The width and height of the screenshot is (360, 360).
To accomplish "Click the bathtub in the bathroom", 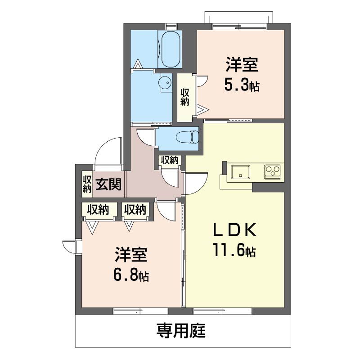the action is (x=170, y=49).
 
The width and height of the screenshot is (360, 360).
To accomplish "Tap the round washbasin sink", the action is (x=166, y=82).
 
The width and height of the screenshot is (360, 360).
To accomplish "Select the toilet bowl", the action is (x=187, y=137).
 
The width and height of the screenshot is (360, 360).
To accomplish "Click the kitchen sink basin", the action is (x=240, y=172).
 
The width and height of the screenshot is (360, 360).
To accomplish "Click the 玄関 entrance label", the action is (x=108, y=184).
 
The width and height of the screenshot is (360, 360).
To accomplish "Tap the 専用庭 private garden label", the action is (x=181, y=331).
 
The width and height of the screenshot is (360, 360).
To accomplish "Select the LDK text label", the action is (x=234, y=230).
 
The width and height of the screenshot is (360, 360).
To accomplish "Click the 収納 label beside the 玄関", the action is (x=87, y=184).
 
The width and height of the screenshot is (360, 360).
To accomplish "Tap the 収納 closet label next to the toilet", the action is (x=170, y=160).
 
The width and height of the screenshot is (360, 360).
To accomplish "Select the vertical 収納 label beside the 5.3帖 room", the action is (x=184, y=97).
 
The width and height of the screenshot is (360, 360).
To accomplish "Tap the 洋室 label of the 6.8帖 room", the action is (x=131, y=254).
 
